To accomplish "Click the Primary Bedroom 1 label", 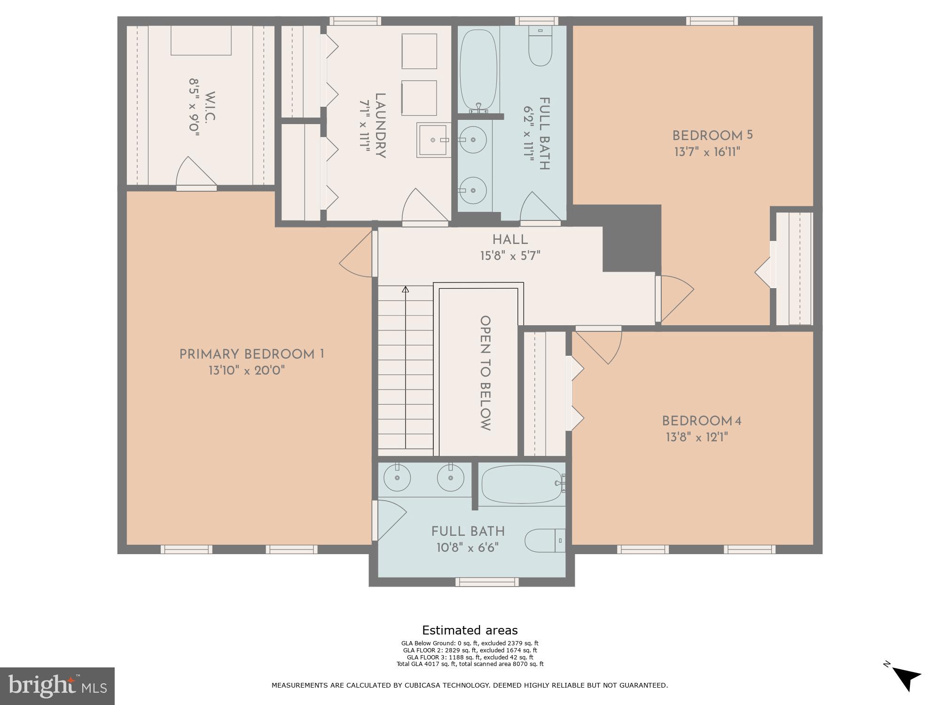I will point(251,354).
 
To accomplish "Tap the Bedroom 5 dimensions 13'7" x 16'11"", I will point(707,152).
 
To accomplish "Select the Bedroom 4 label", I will point(701,421).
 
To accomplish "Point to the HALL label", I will point(510,240).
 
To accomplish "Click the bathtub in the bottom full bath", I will point(522,485).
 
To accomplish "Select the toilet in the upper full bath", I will point(540,47).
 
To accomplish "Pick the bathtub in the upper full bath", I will point(478,70).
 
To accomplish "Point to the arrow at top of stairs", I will point(405,290).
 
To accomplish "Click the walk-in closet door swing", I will point(195,173).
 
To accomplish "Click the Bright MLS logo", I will point(57,686).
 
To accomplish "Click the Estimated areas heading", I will point(470,630).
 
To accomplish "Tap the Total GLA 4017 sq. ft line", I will point(470,664).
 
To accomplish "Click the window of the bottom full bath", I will point(487,582).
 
